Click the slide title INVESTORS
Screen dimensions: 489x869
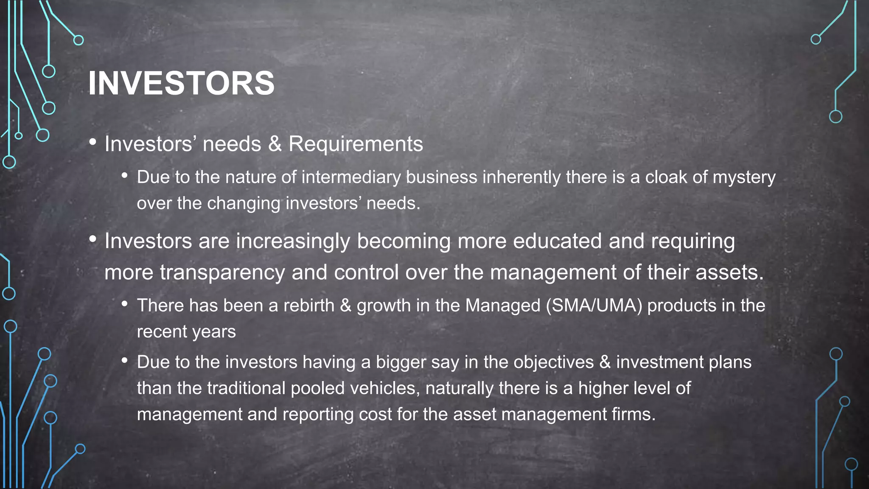(x=181, y=83)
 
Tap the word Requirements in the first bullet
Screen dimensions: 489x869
(x=356, y=144)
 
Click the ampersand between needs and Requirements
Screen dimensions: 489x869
(x=275, y=144)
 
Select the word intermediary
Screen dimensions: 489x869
(x=351, y=177)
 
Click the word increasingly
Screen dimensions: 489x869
(x=293, y=241)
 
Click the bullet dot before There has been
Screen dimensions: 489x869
(x=124, y=304)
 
